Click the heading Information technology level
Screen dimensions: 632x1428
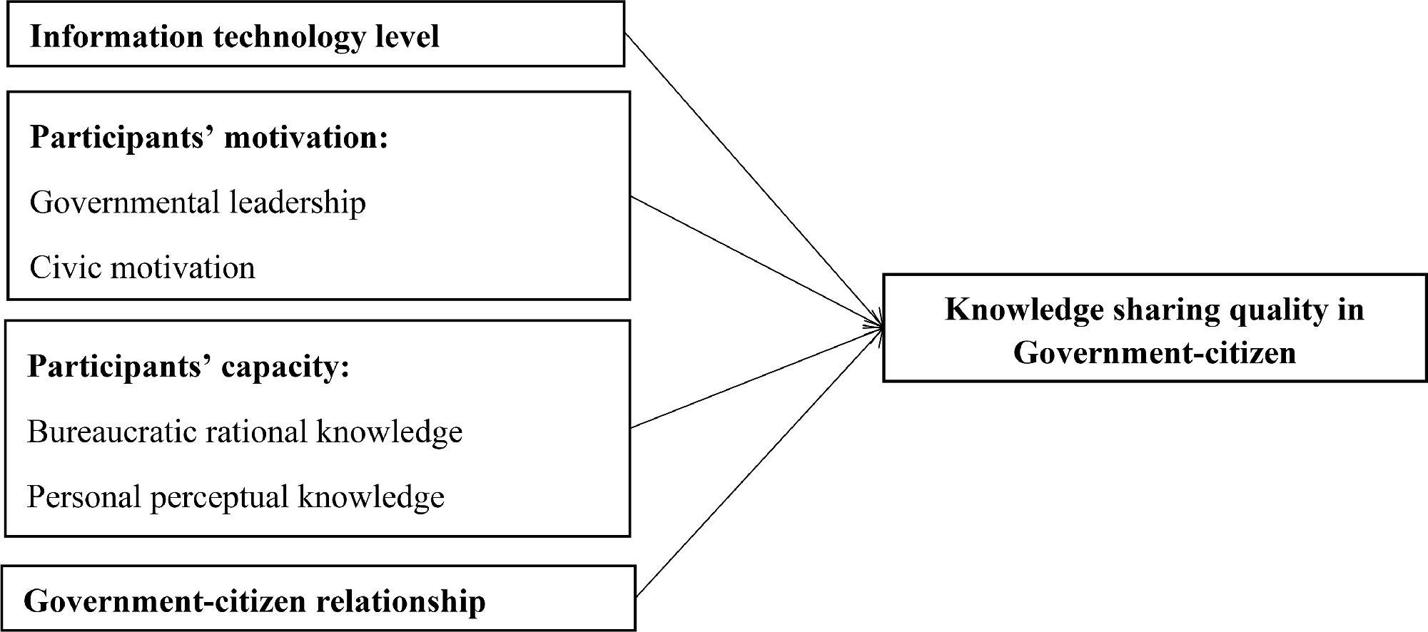[x=234, y=36]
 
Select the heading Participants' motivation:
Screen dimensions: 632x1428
[x=208, y=137]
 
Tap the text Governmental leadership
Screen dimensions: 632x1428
[x=198, y=203]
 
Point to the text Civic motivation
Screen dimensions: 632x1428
[x=142, y=268]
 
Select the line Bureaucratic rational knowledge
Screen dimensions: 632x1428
[x=244, y=432]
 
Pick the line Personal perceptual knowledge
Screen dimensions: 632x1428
[x=236, y=496]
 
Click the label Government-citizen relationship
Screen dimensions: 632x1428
[x=255, y=601]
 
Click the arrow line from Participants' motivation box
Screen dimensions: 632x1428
[x=749, y=260]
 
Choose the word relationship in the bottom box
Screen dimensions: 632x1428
[x=400, y=601]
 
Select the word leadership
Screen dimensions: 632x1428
[x=298, y=203]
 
